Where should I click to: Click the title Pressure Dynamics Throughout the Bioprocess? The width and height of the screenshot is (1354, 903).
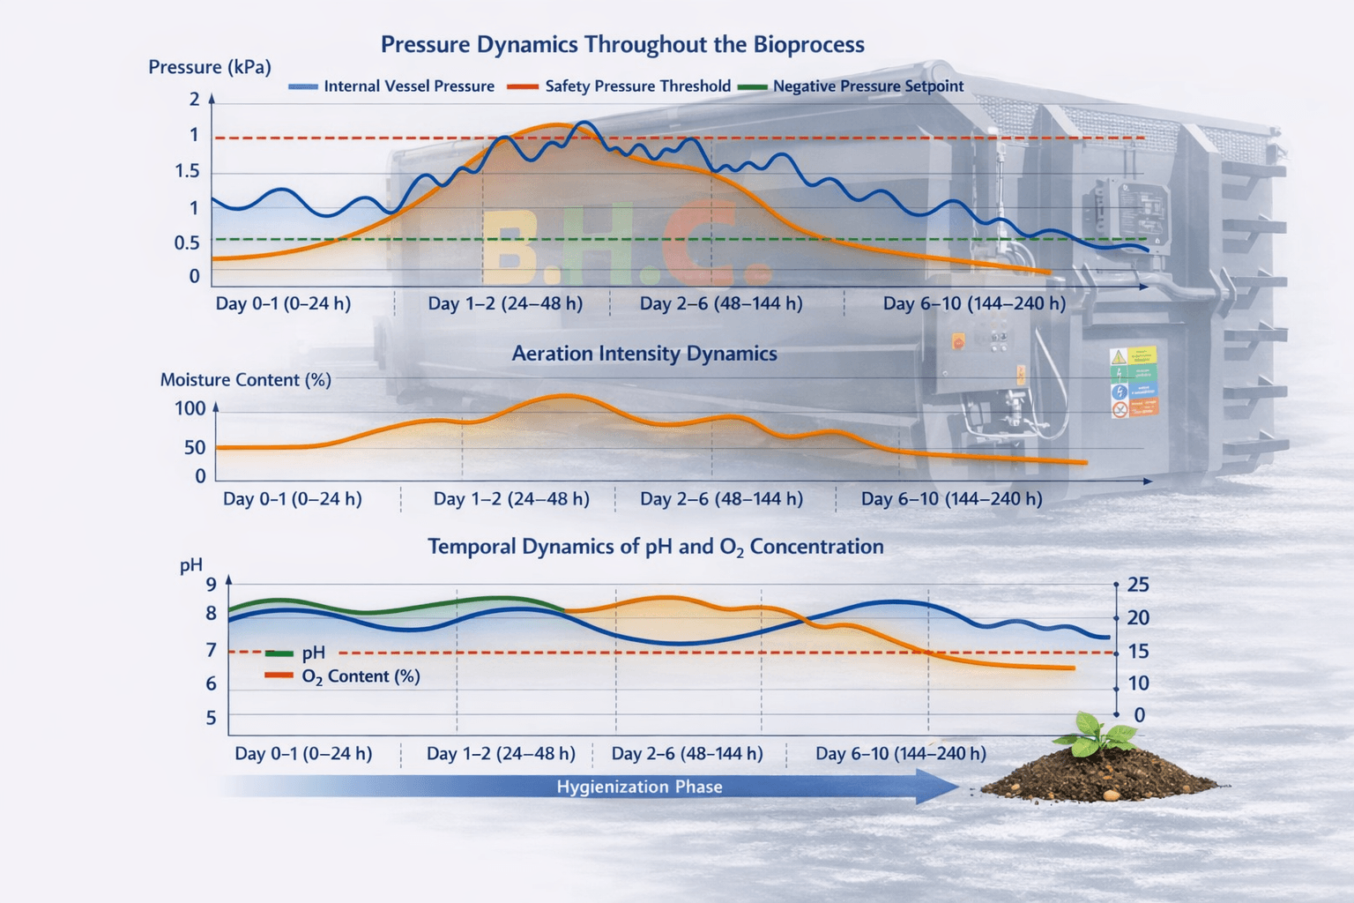(x=622, y=45)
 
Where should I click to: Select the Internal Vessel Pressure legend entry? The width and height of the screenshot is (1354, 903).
(x=391, y=86)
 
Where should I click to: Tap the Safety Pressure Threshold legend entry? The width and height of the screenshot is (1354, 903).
(x=620, y=86)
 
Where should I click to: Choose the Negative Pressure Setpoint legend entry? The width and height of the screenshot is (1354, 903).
(x=851, y=86)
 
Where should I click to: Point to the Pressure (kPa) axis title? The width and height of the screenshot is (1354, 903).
(x=210, y=67)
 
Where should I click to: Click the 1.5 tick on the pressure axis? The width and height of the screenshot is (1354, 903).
(x=187, y=172)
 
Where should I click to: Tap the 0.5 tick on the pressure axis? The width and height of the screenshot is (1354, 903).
(x=187, y=243)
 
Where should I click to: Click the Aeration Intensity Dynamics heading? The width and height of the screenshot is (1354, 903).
(x=644, y=354)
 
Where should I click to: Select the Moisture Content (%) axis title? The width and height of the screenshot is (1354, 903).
(x=245, y=380)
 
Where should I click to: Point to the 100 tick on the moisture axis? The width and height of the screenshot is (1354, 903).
(x=190, y=409)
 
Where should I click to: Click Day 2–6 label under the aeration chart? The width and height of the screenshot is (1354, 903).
(x=722, y=499)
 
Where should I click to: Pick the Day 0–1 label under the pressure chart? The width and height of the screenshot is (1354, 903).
(x=283, y=303)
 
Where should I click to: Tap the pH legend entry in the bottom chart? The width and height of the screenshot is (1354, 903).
(x=295, y=653)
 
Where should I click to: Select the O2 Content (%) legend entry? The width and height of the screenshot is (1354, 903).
(x=343, y=676)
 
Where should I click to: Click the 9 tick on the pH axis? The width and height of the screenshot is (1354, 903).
(x=211, y=585)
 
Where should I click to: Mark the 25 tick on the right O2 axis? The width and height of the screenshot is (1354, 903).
(x=1138, y=585)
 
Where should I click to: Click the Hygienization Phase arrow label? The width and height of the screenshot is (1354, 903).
(x=639, y=787)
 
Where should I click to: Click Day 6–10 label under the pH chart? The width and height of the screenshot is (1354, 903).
(x=901, y=754)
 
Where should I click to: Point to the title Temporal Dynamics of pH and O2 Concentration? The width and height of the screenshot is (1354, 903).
(x=656, y=548)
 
